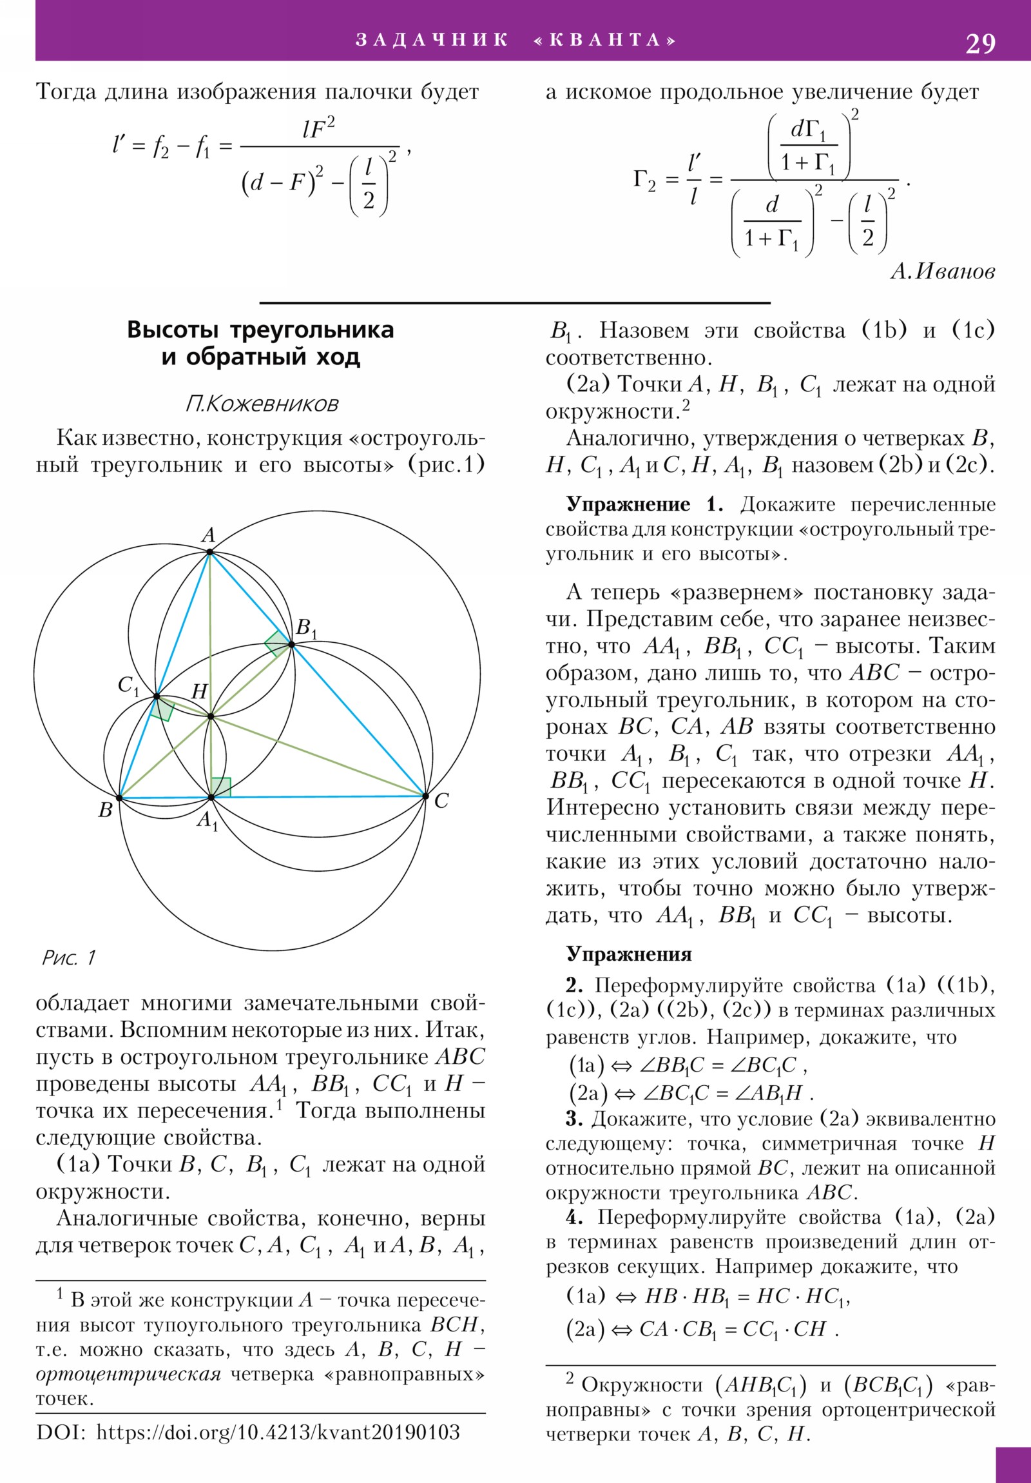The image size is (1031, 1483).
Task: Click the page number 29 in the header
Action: pos(980,43)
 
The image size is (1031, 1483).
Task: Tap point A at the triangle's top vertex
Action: pos(210,551)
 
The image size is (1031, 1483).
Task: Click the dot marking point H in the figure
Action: pos(211,716)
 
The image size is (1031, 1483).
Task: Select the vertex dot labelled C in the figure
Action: pos(425,796)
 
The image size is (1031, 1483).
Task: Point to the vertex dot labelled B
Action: pos(119,798)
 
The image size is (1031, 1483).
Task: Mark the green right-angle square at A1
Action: pos(221,787)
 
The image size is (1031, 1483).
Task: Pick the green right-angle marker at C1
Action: pos(162,709)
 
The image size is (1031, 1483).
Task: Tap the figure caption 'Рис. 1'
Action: pos(68,958)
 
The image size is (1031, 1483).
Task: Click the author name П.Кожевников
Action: pos(262,404)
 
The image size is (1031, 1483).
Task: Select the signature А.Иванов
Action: pos(943,271)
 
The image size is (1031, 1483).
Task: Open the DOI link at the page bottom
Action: pos(278,1432)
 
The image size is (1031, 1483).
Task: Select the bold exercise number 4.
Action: pos(574,1217)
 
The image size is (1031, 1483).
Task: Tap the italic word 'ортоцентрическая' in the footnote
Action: pos(128,1374)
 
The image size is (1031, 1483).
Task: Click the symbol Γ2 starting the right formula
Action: pos(644,180)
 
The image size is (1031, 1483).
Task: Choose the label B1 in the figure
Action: pos(306,627)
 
